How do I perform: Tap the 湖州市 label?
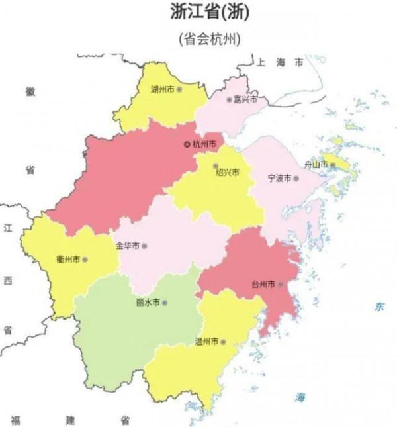click(162, 89)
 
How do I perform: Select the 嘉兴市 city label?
click(246, 100)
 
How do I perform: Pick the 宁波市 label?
click(279, 179)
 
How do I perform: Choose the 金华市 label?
click(128, 246)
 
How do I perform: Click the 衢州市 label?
click(68, 260)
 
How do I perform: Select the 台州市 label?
click(264, 284)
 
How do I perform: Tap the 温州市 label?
click(206, 342)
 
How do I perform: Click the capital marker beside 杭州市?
click(187, 144)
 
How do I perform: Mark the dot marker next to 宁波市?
click(296, 179)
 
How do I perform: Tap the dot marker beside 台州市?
click(281, 284)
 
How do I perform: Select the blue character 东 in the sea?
click(379, 307)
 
